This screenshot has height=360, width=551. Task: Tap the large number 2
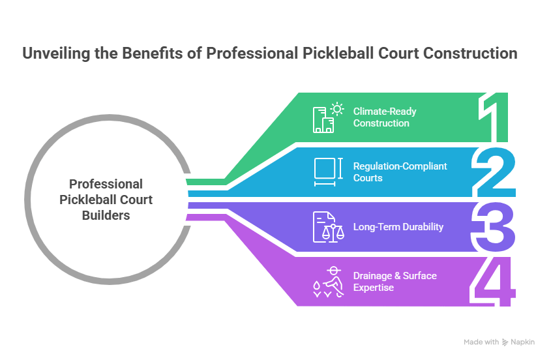coord(495,173)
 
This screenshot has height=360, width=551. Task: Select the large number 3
coord(495,227)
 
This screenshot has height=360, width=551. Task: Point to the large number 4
coord(494,281)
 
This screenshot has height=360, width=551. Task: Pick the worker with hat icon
coord(328,281)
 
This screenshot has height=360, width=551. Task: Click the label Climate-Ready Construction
coord(385,117)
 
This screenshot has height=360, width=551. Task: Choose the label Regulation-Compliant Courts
coord(400,172)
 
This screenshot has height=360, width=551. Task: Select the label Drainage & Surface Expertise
coord(395,281)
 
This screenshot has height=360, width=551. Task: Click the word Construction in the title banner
coord(470,53)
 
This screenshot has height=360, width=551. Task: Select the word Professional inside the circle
coord(106,184)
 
